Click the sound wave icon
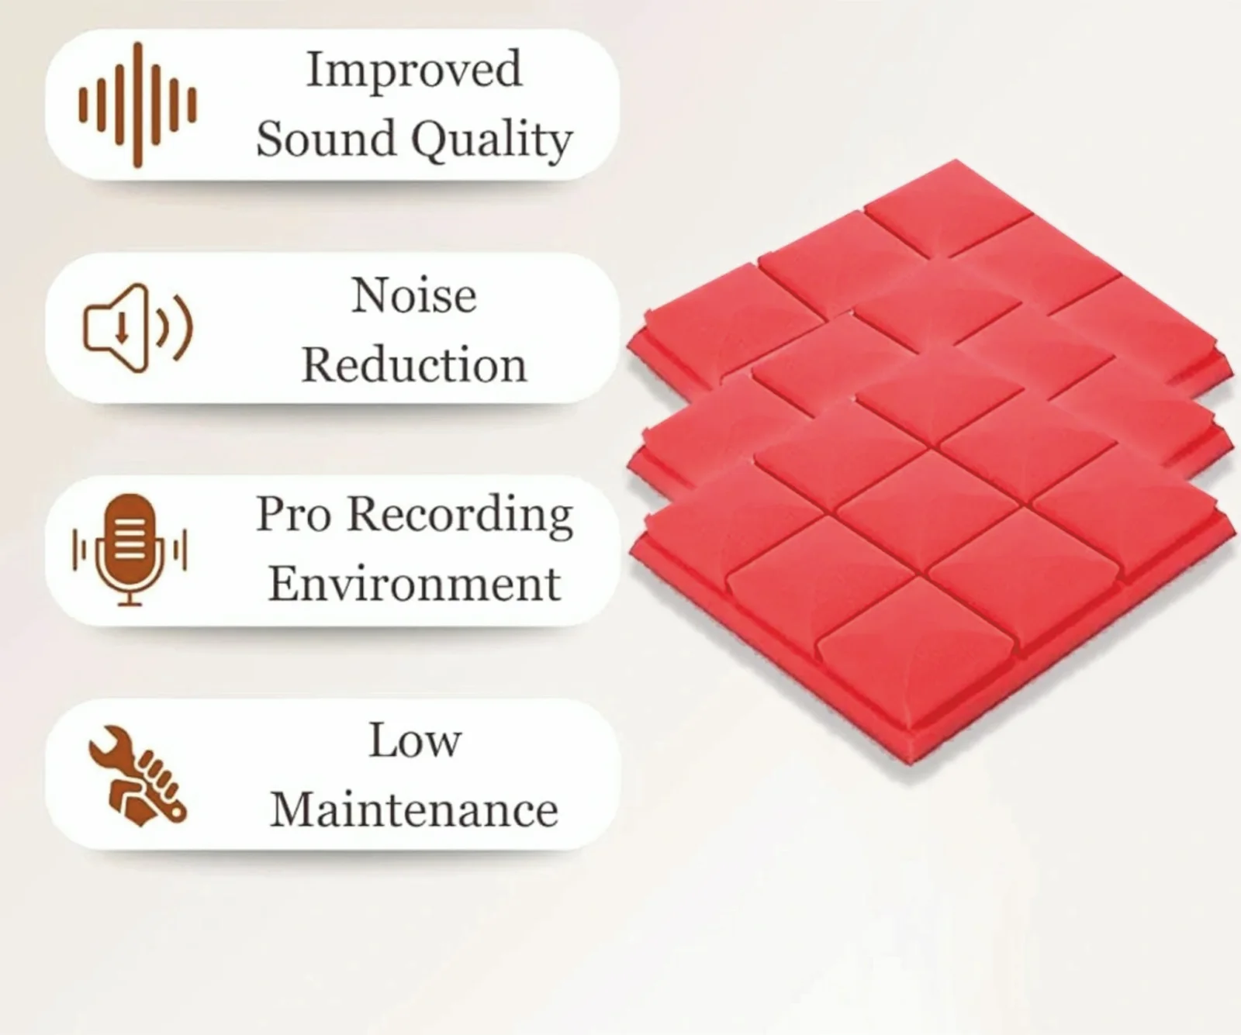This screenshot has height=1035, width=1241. pyautogui.click(x=137, y=105)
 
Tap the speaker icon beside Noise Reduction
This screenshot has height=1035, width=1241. pyautogui.click(x=137, y=327)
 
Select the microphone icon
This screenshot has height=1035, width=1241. pyautogui.click(x=130, y=550)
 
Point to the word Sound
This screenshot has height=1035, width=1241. pyautogui.click(x=326, y=139)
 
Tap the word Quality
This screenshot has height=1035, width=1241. pyautogui.click(x=492, y=142)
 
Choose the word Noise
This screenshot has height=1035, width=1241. pyautogui.click(x=413, y=295)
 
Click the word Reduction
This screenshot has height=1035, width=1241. pyautogui.click(x=414, y=364)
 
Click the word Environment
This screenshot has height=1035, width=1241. pyautogui.click(x=414, y=584)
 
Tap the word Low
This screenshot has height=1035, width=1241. pyautogui.click(x=415, y=740)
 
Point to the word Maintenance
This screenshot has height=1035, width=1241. pyautogui.click(x=414, y=809)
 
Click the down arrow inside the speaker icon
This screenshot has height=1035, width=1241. pyautogui.click(x=122, y=329)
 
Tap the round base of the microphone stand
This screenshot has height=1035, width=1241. pyautogui.click(x=130, y=602)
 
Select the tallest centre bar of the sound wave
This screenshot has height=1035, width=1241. pyautogui.click(x=138, y=105)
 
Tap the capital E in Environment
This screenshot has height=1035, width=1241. pyautogui.click(x=284, y=584)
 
